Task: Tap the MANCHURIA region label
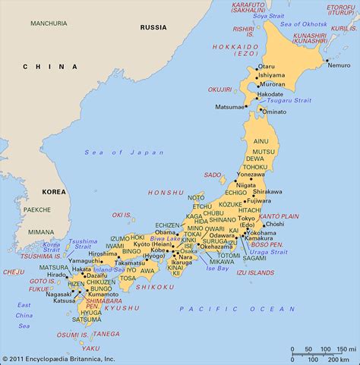(x=49, y=24)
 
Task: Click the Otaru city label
(x=267, y=66)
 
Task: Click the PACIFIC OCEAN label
(x=238, y=308)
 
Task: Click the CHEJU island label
(x=14, y=272)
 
